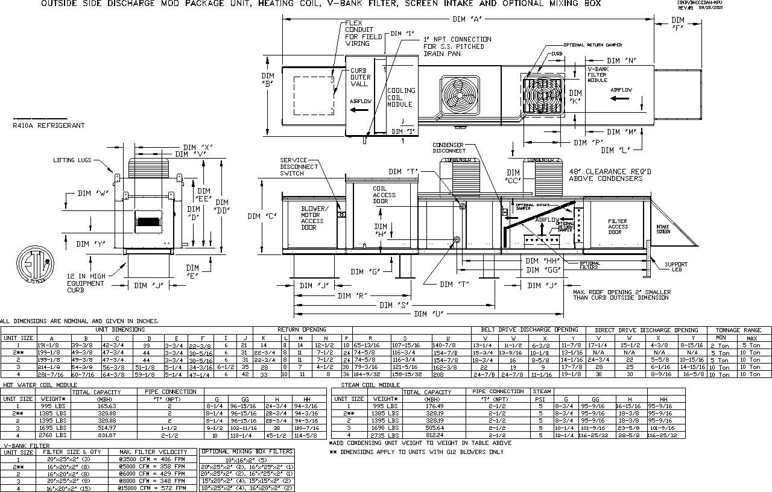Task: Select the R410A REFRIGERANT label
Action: (x=48, y=125)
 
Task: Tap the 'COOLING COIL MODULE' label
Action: (x=400, y=98)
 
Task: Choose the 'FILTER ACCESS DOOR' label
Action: (x=618, y=227)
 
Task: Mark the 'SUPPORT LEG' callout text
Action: (x=675, y=267)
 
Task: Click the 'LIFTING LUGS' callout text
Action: (x=72, y=160)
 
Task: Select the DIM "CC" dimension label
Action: (x=513, y=177)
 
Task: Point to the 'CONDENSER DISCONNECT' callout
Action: (x=448, y=148)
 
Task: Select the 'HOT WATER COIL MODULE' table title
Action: (x=40, y=385)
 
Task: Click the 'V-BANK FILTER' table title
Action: (x=27, y=446)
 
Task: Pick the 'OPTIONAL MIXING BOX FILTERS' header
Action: (x=247, y=452)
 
